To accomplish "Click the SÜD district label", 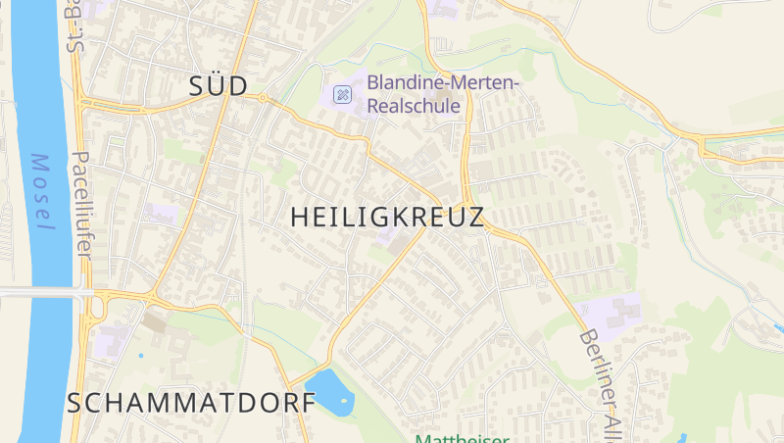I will click(218, 85).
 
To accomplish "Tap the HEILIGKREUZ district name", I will click(388, 218).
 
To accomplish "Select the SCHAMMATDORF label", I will click(192, 402).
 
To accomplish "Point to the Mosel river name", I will click(41, 192).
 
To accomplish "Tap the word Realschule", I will click(414, 106).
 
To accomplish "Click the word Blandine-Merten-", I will click(442, 84).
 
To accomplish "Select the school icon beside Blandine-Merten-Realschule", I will click(342, 94).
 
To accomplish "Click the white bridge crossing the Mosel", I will click(39, 292).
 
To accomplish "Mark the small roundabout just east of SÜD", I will click(263, 98).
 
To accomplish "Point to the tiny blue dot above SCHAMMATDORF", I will click(140, 355).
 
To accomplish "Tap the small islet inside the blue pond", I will click(343, 400).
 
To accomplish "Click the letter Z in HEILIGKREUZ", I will click(474, 218).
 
